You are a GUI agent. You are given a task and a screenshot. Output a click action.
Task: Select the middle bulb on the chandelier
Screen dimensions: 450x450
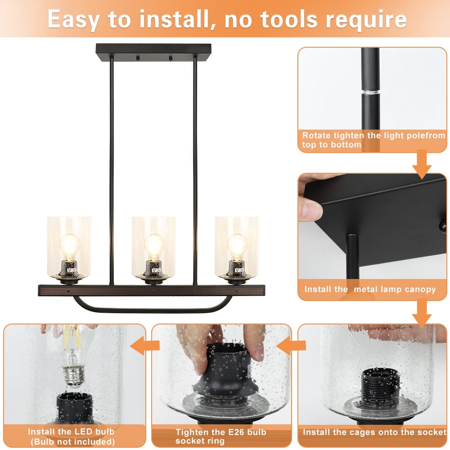(x=153, y=246)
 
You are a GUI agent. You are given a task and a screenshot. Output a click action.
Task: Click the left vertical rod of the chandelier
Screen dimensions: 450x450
(x=112, y=171)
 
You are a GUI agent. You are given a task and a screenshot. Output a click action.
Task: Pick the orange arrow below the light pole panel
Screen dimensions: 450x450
(x=422, y=165)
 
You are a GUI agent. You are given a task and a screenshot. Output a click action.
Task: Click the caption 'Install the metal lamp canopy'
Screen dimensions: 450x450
(x=370, y=289)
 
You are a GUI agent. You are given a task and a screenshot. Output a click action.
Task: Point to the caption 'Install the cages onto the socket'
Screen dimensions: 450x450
(x=374, y=432)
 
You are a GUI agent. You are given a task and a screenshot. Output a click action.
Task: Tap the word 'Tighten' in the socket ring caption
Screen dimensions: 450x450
(x=194, y=432)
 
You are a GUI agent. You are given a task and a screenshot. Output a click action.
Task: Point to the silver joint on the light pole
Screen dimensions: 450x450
(x=370, y=91)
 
